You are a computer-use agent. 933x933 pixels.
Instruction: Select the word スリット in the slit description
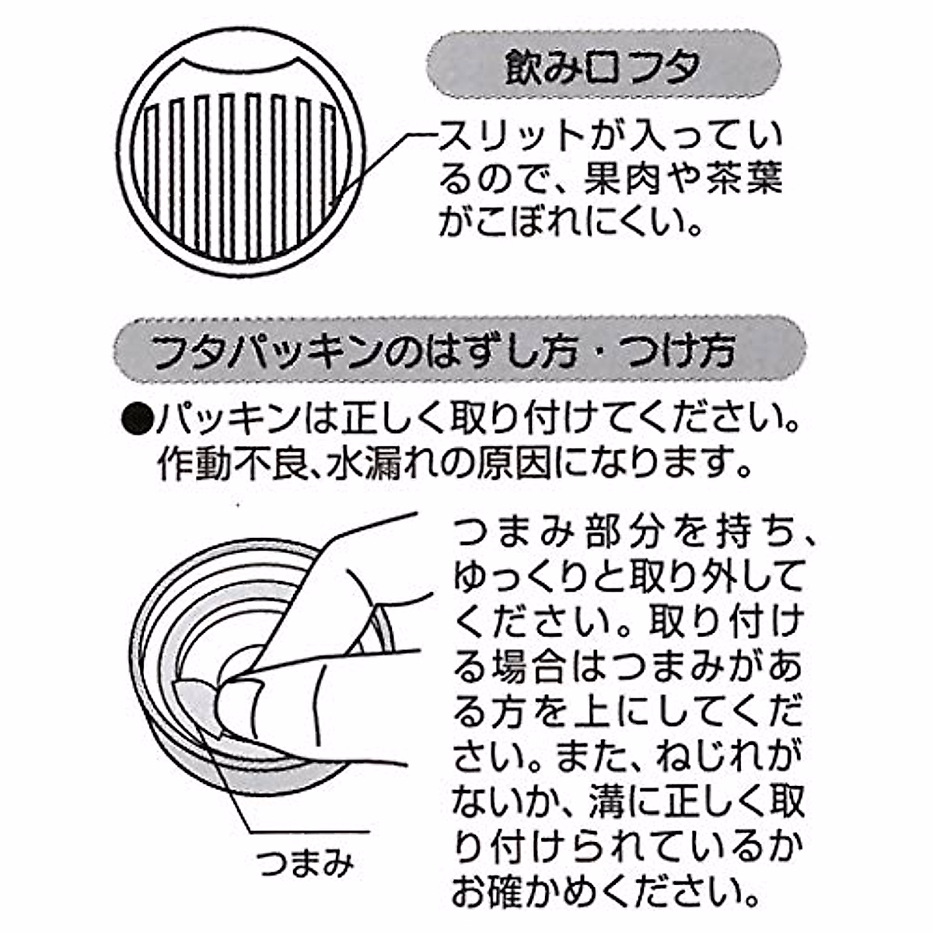click(509, 137)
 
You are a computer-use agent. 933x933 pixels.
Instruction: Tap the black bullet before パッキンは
click(137, 421)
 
